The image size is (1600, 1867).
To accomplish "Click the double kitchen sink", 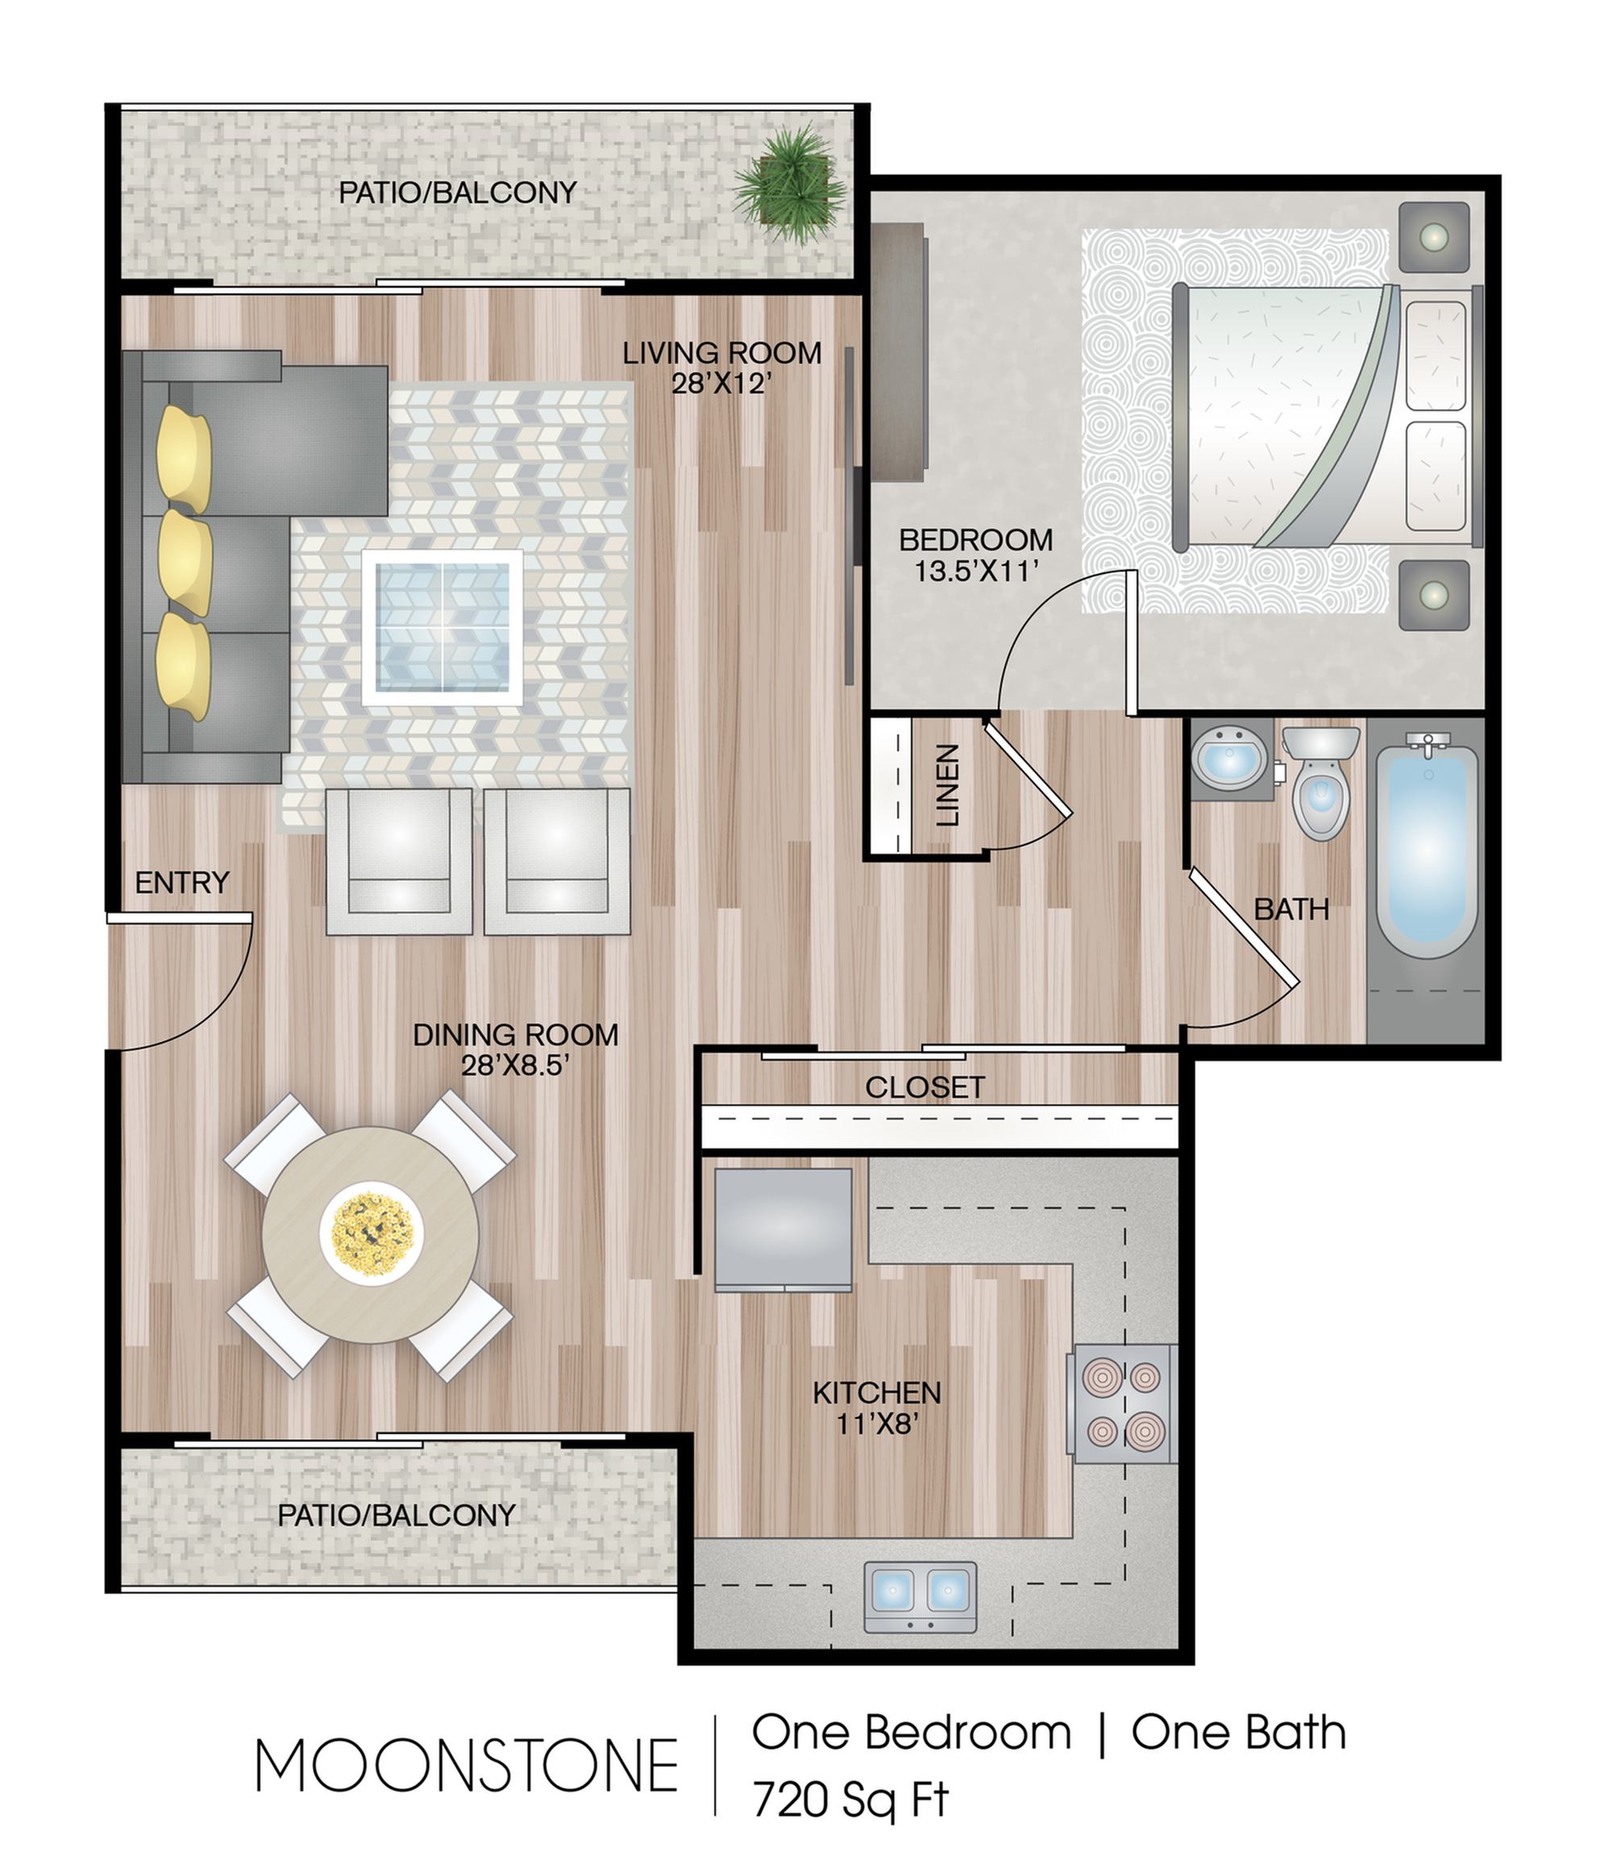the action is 920,1597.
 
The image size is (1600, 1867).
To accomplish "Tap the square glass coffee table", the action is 443,627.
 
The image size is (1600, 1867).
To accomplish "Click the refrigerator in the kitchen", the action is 783,1229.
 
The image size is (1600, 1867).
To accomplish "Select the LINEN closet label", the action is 948,786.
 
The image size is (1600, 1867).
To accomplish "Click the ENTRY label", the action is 182,882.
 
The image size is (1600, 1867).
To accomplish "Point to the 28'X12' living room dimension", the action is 721,384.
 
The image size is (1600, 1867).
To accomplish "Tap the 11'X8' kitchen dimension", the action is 877,1424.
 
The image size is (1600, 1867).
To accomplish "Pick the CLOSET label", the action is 925,1087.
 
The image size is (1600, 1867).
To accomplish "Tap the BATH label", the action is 1291,909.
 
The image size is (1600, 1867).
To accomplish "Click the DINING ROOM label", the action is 515,1034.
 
